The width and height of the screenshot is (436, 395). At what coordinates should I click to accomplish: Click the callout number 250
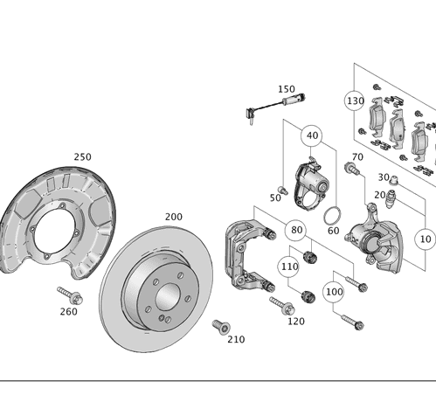(82, 156)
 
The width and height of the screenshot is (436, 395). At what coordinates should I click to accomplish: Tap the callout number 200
(173, 216)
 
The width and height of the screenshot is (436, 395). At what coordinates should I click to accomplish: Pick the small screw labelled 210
(220, 326)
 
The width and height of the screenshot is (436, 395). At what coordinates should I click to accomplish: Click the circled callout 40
(312, 136)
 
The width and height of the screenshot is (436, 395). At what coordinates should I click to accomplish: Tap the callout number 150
(286, 89)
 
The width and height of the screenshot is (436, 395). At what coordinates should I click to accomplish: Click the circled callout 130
(354, 100)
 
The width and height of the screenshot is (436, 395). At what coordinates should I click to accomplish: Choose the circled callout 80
(298, 231)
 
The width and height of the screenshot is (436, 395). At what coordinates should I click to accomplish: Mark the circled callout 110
(289, 265)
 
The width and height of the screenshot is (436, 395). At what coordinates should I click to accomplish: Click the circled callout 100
(334, 291)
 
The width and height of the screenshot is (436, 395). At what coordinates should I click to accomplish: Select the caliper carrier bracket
(247, 253)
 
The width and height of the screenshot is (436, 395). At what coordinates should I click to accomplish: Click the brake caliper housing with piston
(377, 240)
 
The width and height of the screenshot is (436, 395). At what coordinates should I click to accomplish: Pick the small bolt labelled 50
(282, 189)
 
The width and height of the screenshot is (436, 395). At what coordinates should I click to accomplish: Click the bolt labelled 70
(352, 169)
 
